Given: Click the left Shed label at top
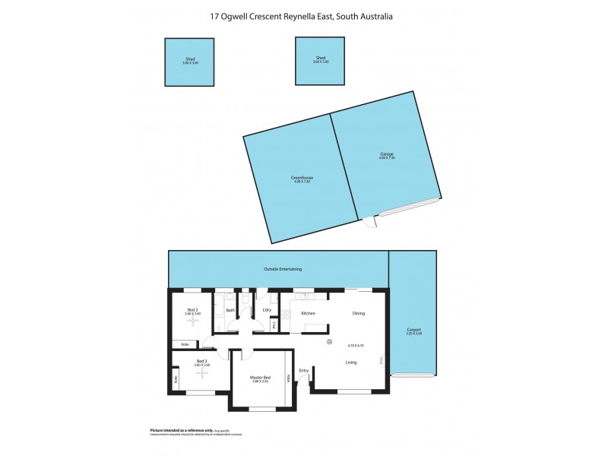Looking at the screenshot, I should coord(189,59).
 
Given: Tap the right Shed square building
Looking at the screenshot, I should coord(321,62).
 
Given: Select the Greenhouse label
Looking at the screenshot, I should coord(302,178).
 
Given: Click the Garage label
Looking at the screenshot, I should coord(387,154).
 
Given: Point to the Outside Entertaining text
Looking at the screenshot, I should coord(283,269).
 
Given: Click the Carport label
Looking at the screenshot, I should coord(413,330).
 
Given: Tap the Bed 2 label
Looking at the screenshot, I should coord(192,310).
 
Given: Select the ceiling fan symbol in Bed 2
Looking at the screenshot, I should coord(192,322).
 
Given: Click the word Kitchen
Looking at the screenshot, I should coord(308,313).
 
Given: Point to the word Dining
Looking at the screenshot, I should coord(359,313).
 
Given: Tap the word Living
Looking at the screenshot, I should coord(351,363).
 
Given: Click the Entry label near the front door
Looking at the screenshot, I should coord(304,371).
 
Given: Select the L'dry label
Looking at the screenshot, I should coord(267,310).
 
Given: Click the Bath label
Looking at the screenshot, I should coord(230,310).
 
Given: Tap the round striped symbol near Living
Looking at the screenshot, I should coord(328,342).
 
